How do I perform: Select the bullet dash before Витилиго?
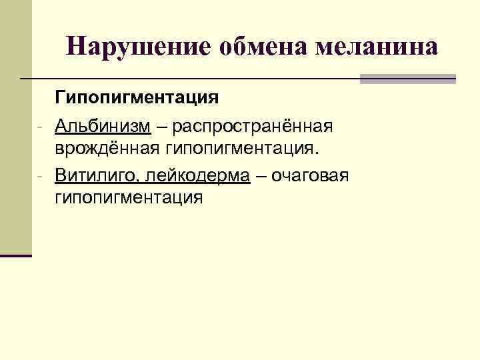point(41,176)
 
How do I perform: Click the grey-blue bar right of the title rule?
point(407,79)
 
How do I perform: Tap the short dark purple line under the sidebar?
point(16,255)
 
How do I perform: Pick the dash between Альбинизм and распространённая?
point(161,127)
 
